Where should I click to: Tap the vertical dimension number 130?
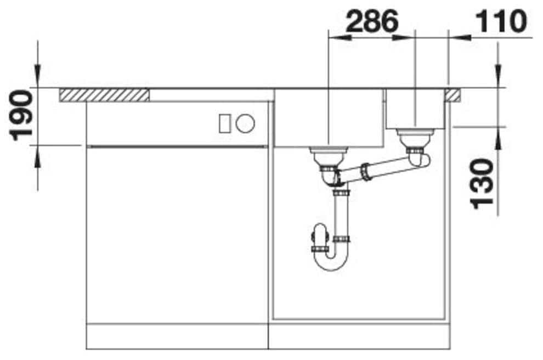pos(483,183)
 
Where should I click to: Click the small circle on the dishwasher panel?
pos(245,124)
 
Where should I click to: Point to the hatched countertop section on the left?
pos(104,94)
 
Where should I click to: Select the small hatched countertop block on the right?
pos(454,95)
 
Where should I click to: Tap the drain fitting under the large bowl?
pos(327,156)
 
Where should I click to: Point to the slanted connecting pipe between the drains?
pos(378,168)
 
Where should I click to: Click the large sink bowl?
pos(328,118)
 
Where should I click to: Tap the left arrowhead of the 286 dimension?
pos(336,38)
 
